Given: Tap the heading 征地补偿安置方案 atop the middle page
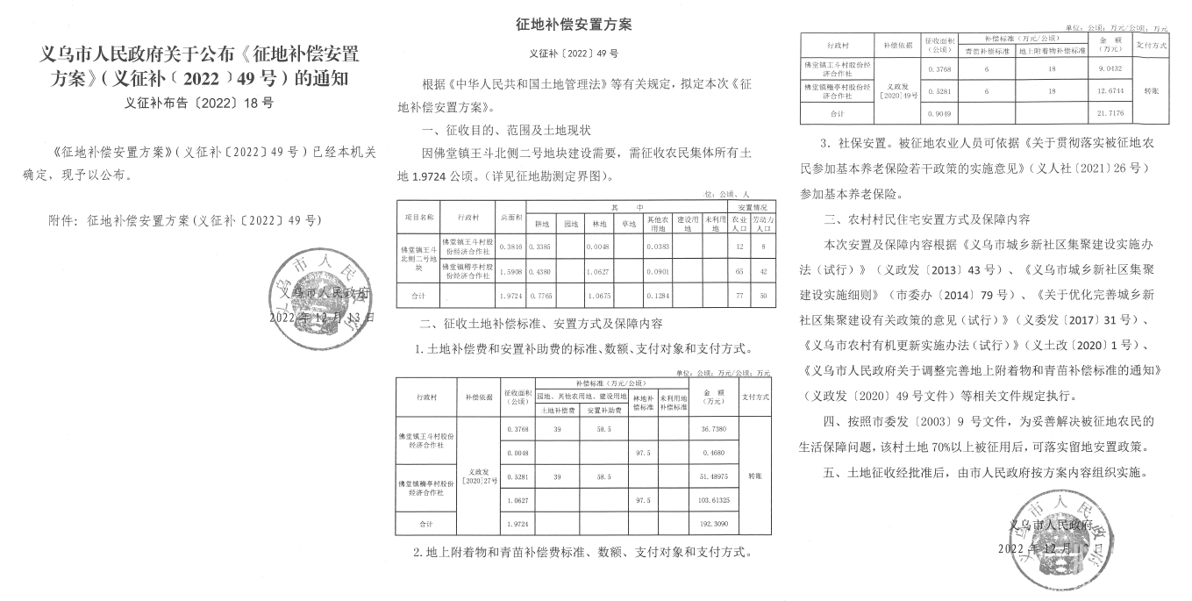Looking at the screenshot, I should click(x=574, y=24).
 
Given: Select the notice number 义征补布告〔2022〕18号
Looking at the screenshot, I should click(x=199, y=103).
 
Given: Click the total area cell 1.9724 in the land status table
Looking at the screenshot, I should click(x=510, y=297).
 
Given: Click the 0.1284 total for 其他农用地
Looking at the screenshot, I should click(x=658, y=297).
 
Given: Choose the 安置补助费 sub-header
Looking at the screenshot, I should click(x=601, y=410).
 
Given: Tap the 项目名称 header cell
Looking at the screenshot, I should click(x=418, y=214).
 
